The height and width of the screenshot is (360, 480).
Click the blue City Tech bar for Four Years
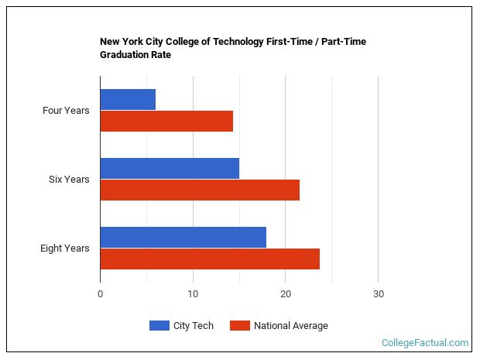pyautogui.click(x=128, y=100)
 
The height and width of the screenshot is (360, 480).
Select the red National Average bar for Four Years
pyautogui.click(x=166, y=122)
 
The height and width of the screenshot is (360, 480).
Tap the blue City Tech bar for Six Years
pyautogui.click(x=170, y=168)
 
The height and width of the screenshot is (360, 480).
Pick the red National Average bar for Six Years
pyautogui.click(x=200, y=190)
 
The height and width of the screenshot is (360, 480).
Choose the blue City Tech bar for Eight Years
pyautogui.click(x=183, y=237)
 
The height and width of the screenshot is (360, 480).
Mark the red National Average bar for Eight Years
pyautogui.click(x=210, y=259)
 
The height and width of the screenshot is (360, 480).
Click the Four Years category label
pyautogui.click(x=66, y=111)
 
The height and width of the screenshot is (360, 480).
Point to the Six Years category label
pyautogui.click(x=69, y=180)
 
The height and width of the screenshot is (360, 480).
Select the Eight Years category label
pyautogui.click(x=64, y=249)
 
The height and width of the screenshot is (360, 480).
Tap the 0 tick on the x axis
pyautogui.click(x=101, y=294)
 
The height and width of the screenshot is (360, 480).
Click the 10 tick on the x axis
pyautogui.click(x=193, y=294)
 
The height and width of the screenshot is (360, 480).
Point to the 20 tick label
pyautogui.click(x=286, y=294)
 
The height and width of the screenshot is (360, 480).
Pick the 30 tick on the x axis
pyautogui.click(x=379, y=294)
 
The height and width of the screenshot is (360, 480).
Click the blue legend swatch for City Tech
pyautogui.click(x=159, y=325)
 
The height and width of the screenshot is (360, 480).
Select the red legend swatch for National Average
pyautogui.click(x=240, y=325)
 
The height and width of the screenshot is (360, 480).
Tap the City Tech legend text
pyautogui.click(x=194, y=326)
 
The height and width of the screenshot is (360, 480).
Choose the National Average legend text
pyautogui.click(x=291, y=326)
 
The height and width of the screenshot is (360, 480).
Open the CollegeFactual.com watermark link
pyautogui.click(x=425, y=342)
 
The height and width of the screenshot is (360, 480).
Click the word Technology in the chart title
pyautogui.click(x=238, y=42)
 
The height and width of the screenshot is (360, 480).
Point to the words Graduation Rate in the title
pyautogui.click(x=135, y=55)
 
